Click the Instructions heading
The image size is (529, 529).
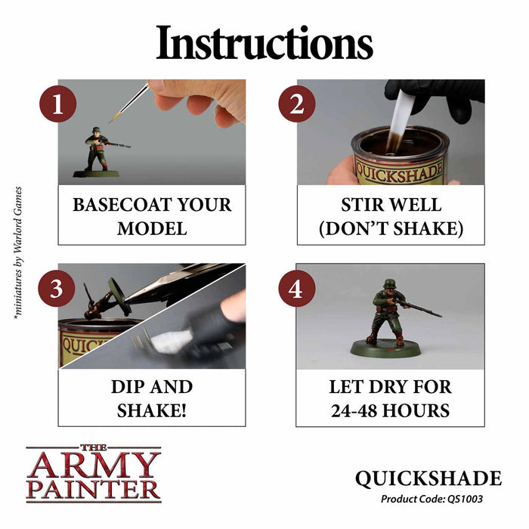pyautogui.click(x=264, y=45)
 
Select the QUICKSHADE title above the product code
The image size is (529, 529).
pyautogui.click(x=429, y=479)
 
